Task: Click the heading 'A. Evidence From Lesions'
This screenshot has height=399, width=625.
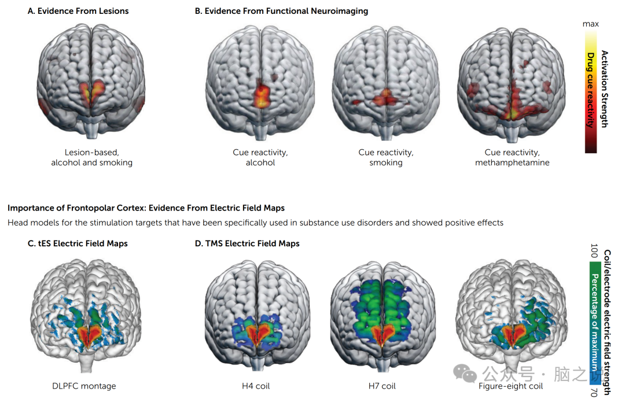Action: (x=78, y=11)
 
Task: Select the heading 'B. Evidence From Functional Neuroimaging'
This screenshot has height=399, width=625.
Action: (x=281, y=11)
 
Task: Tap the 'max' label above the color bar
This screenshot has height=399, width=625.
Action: (x=590, y=24)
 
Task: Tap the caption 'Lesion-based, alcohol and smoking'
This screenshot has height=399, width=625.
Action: (x=91, y=157)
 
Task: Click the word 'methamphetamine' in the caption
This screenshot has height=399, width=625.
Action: (x=512, y=162)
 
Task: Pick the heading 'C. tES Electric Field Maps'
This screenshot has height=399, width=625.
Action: (x=78, y=243)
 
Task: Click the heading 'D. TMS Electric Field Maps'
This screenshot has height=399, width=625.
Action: (x=247, y=243)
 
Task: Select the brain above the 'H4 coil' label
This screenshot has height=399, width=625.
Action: (x=256, y=315)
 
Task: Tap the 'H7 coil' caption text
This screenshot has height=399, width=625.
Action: (x=382, y=386)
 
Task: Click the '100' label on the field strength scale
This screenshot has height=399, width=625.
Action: (x=594, y=251)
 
